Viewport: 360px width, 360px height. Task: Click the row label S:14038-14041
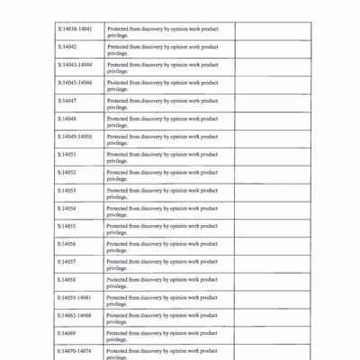[x=74, y=29]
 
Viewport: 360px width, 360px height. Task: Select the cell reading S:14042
[x=67, y=47]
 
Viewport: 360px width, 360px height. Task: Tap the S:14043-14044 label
[x=74, y=65]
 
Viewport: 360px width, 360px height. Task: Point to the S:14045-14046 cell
[x=74, y=83]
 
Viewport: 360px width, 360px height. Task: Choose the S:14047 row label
[x=67, y=101]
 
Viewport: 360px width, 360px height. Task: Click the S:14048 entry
[x=67, y=119]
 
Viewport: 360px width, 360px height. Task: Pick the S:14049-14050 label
[x=74, y=137]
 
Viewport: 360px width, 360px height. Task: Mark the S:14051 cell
[x=67, y=154]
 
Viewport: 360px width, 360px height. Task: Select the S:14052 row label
[x=67, y=172]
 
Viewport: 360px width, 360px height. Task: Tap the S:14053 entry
[x=67, y=190]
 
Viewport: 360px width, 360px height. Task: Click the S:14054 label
[x=67, y=208]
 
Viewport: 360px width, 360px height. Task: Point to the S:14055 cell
[x=67, y=226]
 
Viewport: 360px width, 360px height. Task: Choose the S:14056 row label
[x=67, y=244]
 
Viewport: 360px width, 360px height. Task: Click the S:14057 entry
[x=67, y=262]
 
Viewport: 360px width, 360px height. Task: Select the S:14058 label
[x=67, y=280]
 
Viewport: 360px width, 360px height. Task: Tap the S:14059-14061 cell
[x=74, y=297]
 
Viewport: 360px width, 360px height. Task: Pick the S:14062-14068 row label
[x=74, y=315]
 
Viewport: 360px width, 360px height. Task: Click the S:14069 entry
[x=67, y=333]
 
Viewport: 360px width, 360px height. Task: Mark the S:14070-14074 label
[x=74, y=351]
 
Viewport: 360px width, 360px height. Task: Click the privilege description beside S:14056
[x=162, y=247]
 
